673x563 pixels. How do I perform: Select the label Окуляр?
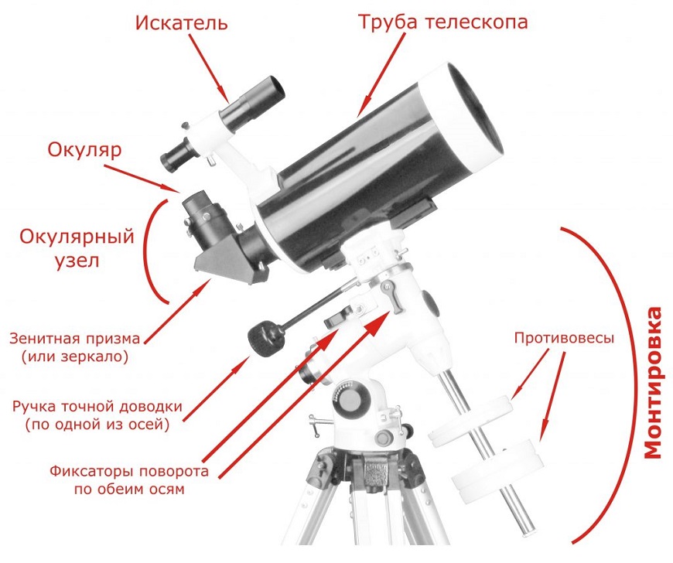tap(84, 150)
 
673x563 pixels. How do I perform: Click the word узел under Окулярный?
tap(77, 260)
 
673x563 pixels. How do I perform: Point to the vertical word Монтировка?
tap(653, 382)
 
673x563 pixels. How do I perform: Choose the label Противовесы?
tap(565, 338)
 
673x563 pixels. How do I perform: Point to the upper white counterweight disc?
tap(473, 420)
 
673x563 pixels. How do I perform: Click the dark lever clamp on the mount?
tap(392, 295)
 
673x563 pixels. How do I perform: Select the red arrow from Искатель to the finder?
tap(207, 68)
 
